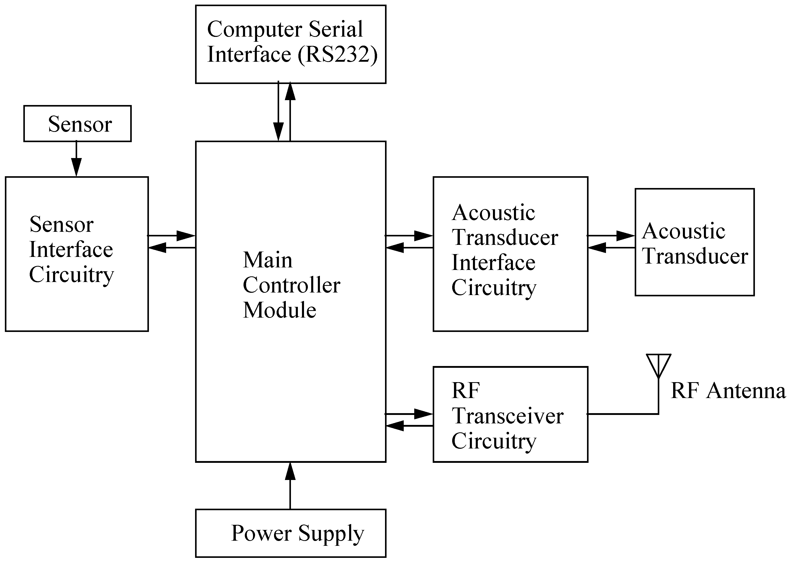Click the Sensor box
tap(77, 124)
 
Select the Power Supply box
tap(291, 533)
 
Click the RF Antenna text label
tap(728, 391)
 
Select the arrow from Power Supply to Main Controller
tap(290, 486)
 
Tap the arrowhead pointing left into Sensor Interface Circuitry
tap(157, 248)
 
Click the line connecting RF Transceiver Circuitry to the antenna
tap(622, 414)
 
